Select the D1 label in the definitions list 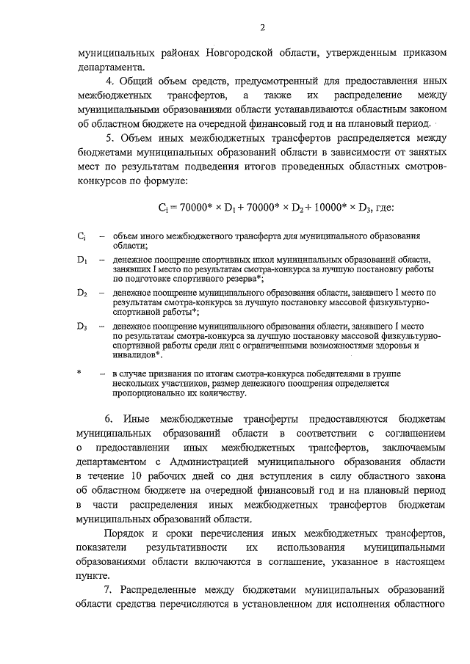coord(82,260)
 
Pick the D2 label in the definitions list coord(82,292)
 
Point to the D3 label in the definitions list coord(82,325)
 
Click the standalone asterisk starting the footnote coord(79,373)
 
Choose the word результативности coord(188,547)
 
